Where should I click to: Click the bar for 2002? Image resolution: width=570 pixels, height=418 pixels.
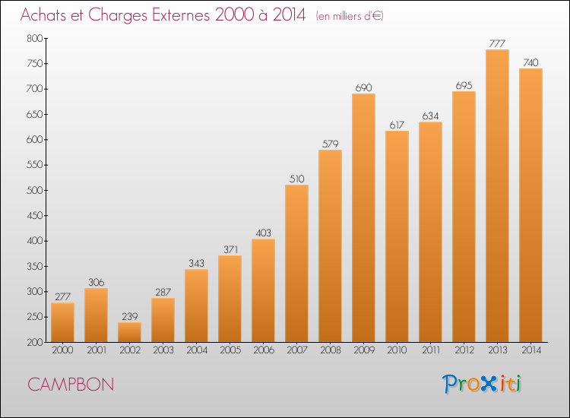point(129,332)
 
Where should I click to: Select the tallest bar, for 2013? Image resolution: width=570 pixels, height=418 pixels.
point(497,196)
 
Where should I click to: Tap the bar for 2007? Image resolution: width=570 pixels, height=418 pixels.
point(296,264)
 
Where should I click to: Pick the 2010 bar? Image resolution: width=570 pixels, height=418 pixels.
point(397,236)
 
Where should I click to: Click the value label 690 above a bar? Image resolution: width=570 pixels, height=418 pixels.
point(363,87)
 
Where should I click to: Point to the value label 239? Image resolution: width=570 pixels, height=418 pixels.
point(130,316)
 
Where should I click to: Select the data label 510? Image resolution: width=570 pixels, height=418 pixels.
point(296,179)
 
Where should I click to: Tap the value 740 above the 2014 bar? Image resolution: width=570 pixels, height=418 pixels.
point(530,62)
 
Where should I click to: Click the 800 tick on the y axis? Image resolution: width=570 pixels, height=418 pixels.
point(34,38)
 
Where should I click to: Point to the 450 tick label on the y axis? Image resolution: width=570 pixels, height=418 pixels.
point(34,216)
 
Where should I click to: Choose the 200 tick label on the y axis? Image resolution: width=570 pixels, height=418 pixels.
point(34,343)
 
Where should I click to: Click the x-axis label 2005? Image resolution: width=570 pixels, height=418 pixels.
point(230,350)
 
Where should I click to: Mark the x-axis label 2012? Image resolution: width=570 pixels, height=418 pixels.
point(464,350)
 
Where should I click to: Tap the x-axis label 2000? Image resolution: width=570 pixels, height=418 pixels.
point(62,350)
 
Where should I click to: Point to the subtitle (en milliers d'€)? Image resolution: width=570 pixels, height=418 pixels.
point(350,16)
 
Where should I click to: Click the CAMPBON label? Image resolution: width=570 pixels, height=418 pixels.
point(71,385)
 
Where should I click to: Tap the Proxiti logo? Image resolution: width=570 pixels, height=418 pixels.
point(482,384)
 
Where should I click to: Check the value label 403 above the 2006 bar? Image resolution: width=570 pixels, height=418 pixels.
point(263,233)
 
